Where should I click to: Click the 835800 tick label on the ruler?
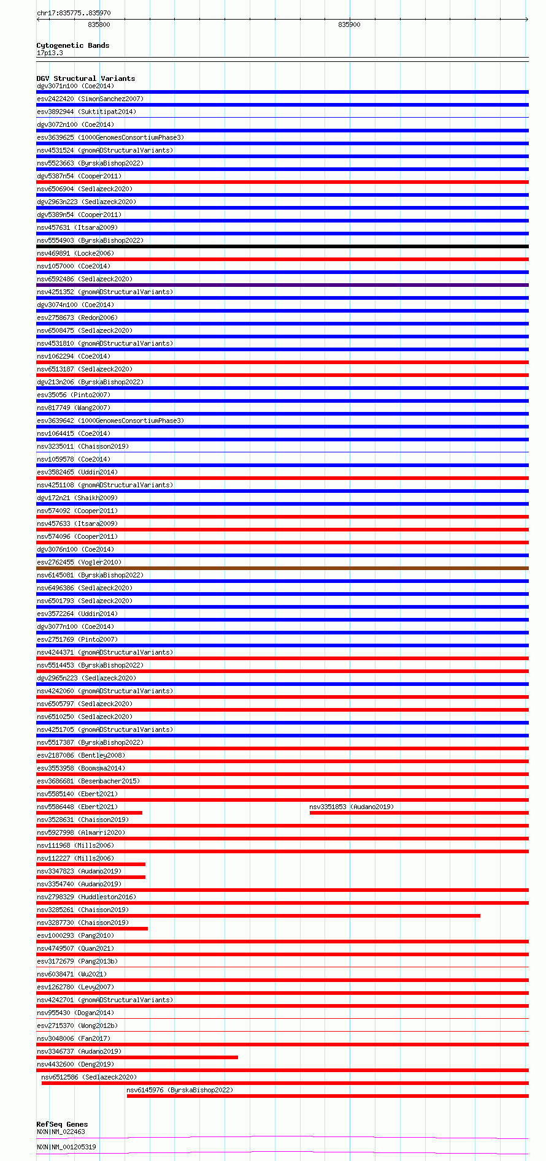[x=99, y=25]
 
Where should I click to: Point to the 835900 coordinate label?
[x=349, y=25]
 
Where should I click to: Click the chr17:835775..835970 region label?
[x=74, y=13]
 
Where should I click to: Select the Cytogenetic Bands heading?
[x=72, y=45]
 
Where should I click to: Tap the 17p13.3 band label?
[x=50, y=53]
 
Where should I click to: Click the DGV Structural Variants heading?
[x=85, y=78]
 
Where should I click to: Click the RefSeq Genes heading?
[x=62, y=1124]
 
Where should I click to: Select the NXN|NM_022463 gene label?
[x=61, y=1132]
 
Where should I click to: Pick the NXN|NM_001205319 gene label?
[x=66, y=1146]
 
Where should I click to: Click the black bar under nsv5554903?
[x=282, y=246]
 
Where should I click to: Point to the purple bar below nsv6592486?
[x=282, y=285]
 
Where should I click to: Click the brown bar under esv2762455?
[x=282, y=568]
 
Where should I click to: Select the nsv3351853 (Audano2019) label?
[x=352, y=807]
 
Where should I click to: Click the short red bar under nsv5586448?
[x=90, y=813]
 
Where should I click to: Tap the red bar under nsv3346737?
[x=137, y=1057]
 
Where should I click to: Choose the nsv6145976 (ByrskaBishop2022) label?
[x=180, y=1090]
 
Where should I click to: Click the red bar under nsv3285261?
[x=258, y=916]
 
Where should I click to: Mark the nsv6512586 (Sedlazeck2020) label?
[x=89, y=1077]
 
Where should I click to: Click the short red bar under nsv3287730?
[x=92, y=929]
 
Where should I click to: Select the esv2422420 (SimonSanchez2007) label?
[x=90, y=99]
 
